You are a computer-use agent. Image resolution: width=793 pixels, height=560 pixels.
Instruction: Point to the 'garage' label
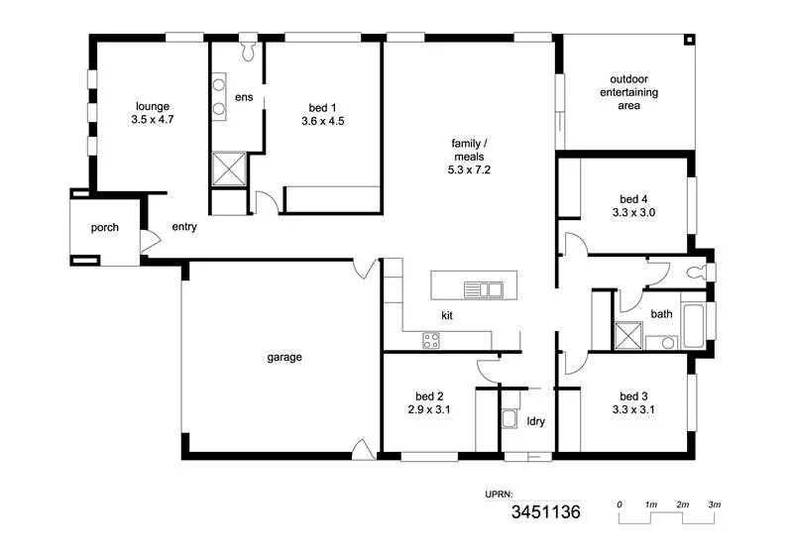(x=283, y=357)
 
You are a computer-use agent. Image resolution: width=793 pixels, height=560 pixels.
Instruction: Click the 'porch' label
(x=105, y=228)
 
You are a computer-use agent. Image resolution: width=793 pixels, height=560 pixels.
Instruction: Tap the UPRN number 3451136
(x=545, y=512)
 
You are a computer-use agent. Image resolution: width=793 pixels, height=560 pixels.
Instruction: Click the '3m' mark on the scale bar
(x=714, y=505)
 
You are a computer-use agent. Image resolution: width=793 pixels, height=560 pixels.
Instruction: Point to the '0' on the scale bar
(x=620, y=505)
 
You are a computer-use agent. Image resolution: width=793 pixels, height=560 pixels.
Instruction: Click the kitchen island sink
(x=485, y=289)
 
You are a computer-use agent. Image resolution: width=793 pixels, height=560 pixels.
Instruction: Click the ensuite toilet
(x=248, y=47)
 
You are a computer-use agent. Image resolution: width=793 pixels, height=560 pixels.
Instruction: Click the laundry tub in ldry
(x=510, y=418)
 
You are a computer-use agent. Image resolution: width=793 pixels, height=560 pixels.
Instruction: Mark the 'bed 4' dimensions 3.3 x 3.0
(x=633, y=212)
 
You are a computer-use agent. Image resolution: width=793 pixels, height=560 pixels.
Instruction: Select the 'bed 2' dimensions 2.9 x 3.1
(x=429, y=408)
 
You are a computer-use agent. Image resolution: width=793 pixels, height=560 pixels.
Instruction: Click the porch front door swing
(x=149, y=241)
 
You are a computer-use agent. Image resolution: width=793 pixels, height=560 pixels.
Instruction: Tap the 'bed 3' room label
(x=633, y=394)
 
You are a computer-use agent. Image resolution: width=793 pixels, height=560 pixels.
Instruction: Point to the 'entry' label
(x=184, y=227)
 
